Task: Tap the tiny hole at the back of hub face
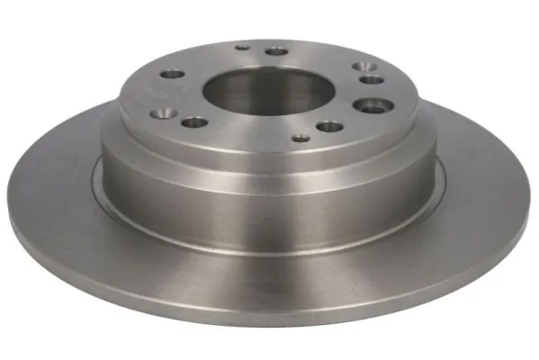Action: coord(241,46)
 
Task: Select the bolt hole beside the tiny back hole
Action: coord(277,51)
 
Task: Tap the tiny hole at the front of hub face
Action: coord(301,139)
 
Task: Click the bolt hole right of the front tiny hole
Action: coord(330,127)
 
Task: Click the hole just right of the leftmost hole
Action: coord(193,122)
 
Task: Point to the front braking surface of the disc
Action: coord(270,270)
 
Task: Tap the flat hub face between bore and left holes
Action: coord(193,94)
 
